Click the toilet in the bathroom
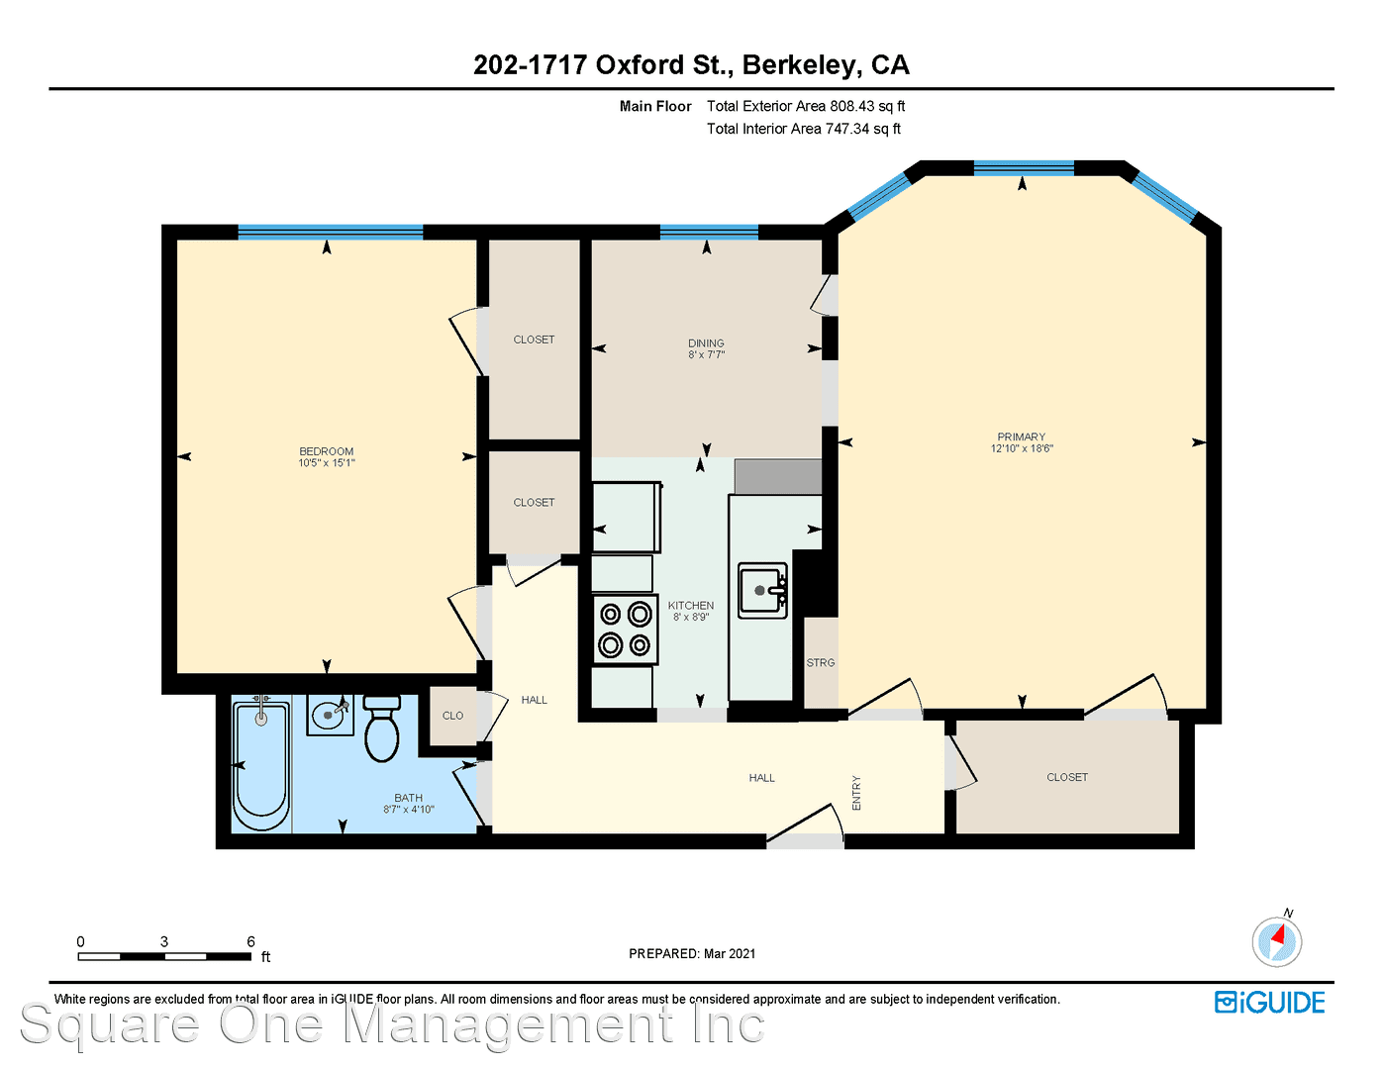point(382,729)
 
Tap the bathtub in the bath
point(261,765)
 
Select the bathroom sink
point(330,715)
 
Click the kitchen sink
point(762,591)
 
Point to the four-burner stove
point(626,630)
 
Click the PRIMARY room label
point(1022,437)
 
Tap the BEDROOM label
point(326,451)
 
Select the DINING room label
point(706,343)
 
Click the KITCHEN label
point(690,606)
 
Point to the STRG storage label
point(820,663)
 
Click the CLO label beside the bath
point(452,716)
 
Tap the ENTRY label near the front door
point(856,793)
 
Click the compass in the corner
point(1276,940)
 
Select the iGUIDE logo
point(1270,1003)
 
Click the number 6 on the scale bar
point(250,941)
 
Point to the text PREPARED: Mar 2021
point(692,954)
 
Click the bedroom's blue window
point(330,233)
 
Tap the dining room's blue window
point(709,233)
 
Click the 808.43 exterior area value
point(851,106)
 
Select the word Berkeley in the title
point(800,65)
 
